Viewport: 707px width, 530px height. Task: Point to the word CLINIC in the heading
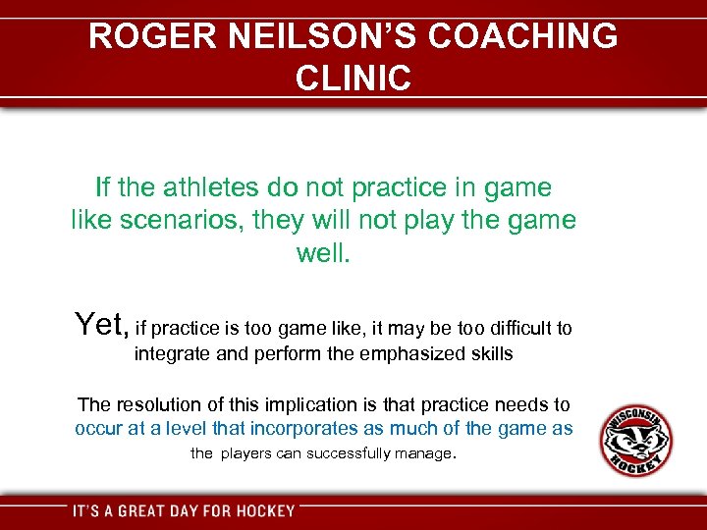click(353, 78)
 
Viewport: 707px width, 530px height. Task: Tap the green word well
click(322, 253)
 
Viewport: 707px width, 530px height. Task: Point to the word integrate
click(173, 353)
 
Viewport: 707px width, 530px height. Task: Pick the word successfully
click(348, 453)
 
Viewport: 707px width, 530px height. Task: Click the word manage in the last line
click(422, 453)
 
